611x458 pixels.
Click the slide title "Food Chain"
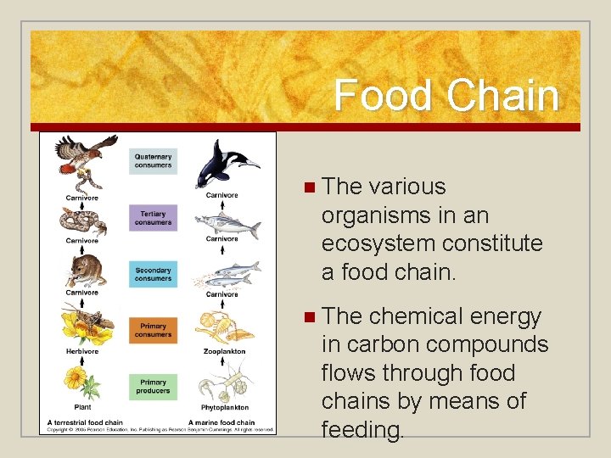tap(446, 95)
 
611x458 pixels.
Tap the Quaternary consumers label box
tap(153, 161)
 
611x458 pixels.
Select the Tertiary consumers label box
tap(153, 218)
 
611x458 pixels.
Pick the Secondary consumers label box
tap(153, 275)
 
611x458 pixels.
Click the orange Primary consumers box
tap(153, 331)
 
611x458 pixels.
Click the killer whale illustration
tap(224, 165)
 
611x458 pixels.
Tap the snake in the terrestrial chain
tap(83, 221)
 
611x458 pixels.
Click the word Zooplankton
tap(224, 350)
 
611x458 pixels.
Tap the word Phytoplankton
tap(224, 407)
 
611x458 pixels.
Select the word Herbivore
tap(82, 350)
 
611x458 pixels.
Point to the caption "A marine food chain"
tap(221, 422)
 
